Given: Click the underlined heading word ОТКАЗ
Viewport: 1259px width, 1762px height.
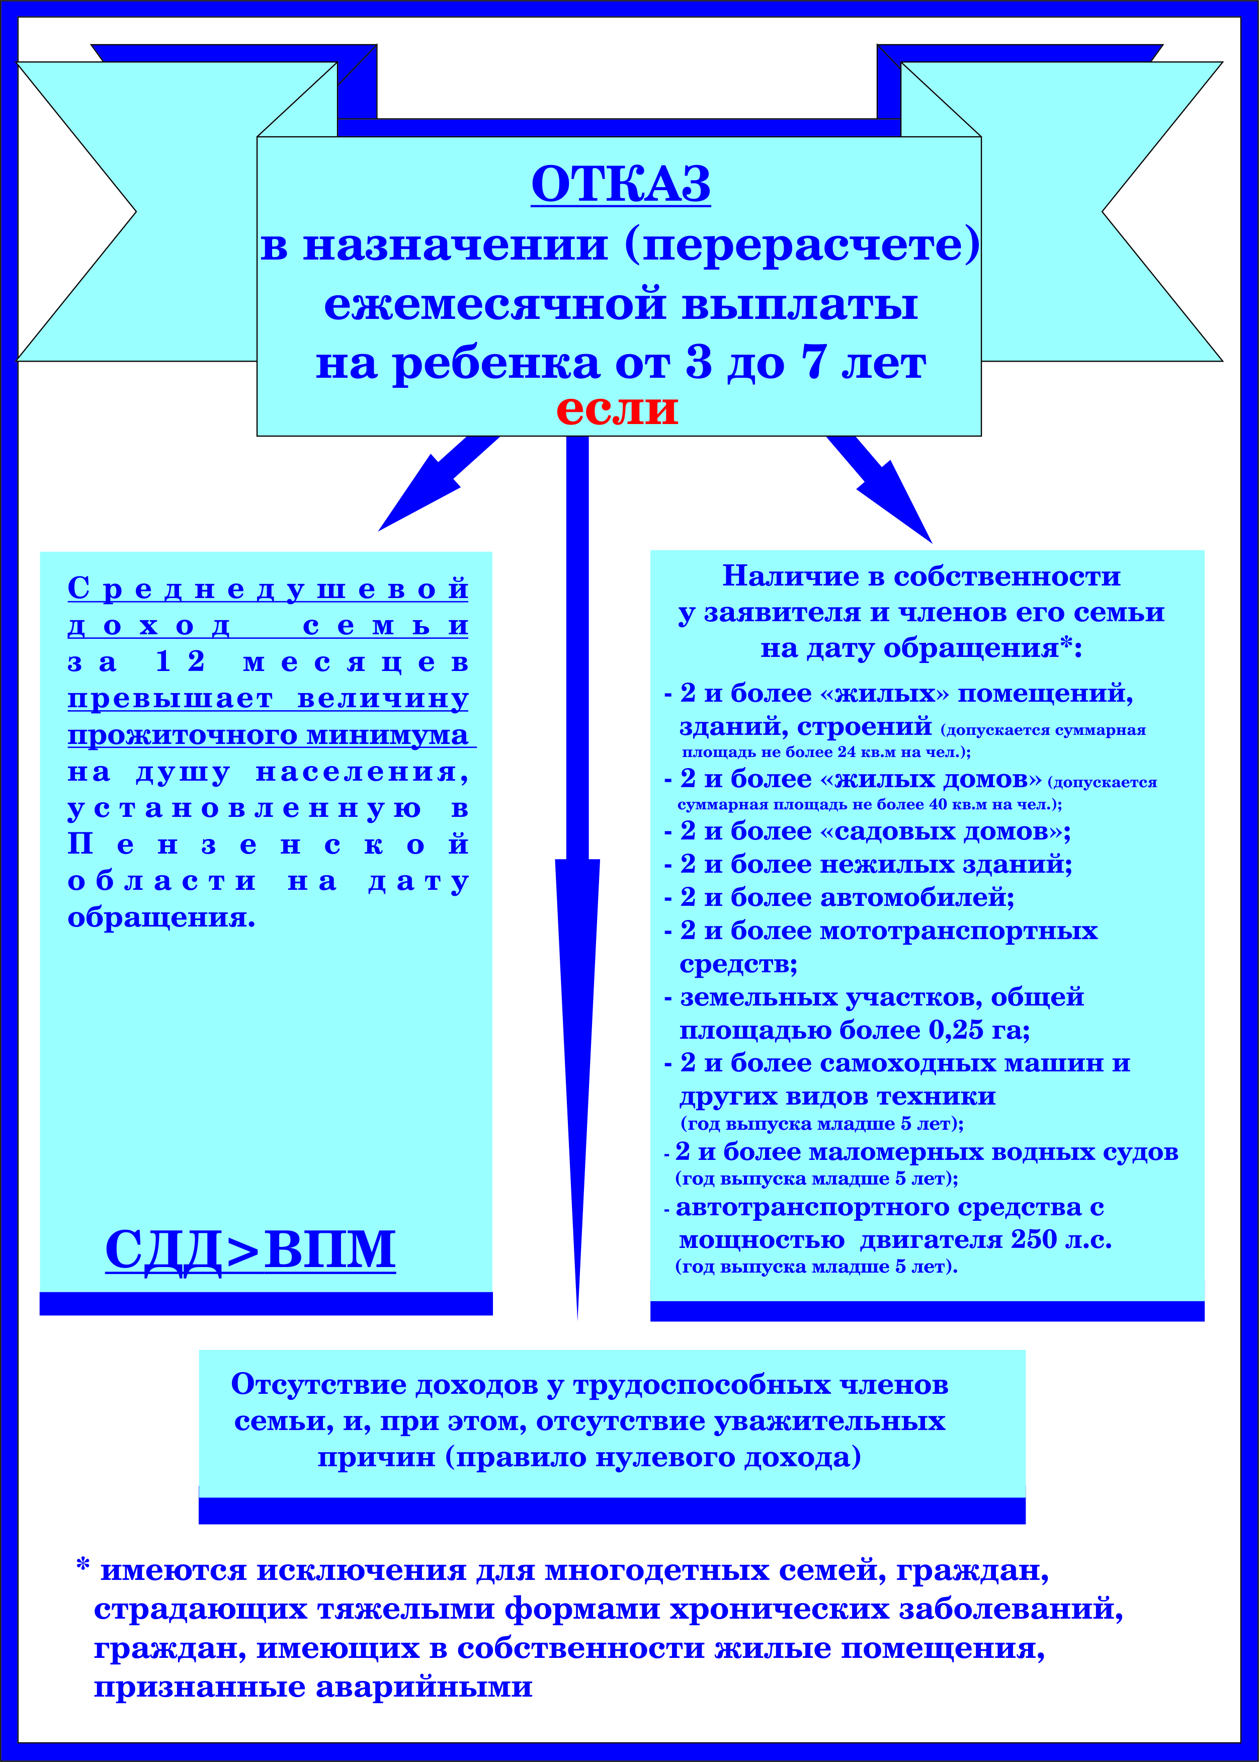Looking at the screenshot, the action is [621, 185].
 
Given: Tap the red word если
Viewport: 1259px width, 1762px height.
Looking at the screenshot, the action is [617, 409].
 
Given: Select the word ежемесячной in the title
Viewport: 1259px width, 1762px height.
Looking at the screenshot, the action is [494, 303].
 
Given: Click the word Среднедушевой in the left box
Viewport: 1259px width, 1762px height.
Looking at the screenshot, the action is [268, 589].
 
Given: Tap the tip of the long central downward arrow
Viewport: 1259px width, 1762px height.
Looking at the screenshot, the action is [577, 1318].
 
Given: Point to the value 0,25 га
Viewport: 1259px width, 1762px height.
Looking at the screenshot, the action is [979, 1030].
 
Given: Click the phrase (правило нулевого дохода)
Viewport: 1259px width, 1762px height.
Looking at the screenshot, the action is [653, 1457].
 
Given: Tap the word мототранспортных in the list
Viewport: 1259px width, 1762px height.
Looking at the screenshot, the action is [958, 931].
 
